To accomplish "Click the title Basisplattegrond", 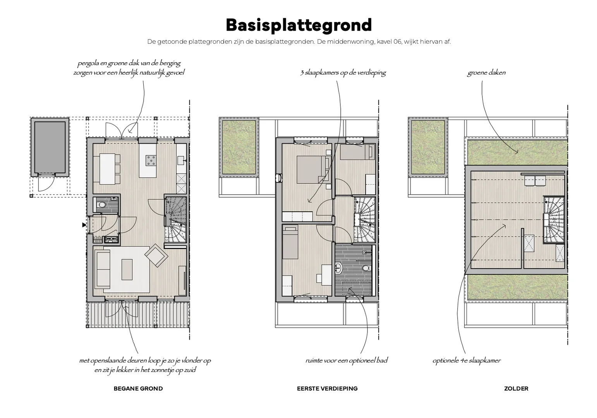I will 298,25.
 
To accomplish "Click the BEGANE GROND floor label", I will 138,389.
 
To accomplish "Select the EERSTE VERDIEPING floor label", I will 327,389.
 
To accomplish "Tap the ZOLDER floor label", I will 516,389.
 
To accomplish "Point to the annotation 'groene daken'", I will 486,73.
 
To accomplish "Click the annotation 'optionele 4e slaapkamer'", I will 467,361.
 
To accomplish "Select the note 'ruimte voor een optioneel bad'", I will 346,361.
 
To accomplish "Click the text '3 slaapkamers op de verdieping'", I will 343,73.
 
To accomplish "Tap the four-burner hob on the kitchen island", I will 151,160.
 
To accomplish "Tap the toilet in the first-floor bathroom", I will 365,268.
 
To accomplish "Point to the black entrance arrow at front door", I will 84,224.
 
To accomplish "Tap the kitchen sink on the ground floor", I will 181,159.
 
